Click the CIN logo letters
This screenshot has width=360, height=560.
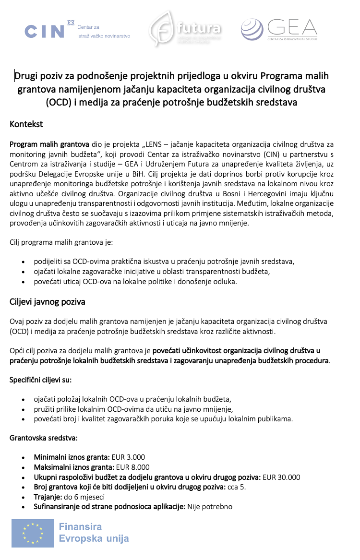pyautogui.click(x=44, y=32)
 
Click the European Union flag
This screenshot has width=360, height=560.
pyautogui.click(x=33, y=533)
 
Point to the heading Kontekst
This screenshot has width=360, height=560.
pyautogui.click(x=26, y=125)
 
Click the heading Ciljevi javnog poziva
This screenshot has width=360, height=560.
pyautogui.click(x=48, y=302)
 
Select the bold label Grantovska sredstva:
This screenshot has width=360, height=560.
pyautogui.click(x=43, y=438)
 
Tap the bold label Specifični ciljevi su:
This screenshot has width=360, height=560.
pyautogui.click(x=41, y=380)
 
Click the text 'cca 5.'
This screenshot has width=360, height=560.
pyautogui.click(x=236, y=487)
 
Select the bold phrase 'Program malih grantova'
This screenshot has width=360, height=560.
pyautogui.click(x=49, y=144)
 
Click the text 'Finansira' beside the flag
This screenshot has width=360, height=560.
pyautogui.click(x=80, y=527)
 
